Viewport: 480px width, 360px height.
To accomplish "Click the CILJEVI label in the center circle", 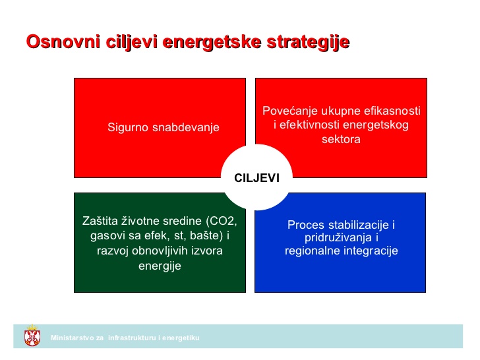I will [256, 177].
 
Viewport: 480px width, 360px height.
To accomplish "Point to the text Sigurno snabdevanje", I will [163, 127].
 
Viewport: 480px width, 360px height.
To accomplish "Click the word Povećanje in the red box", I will [290, 111].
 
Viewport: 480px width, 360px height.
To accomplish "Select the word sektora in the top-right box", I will [341, 140].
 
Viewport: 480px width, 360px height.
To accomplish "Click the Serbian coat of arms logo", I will [31, 336].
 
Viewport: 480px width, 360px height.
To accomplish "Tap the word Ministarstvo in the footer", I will [73, 338].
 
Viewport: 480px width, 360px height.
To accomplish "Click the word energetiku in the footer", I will [181, 338].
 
